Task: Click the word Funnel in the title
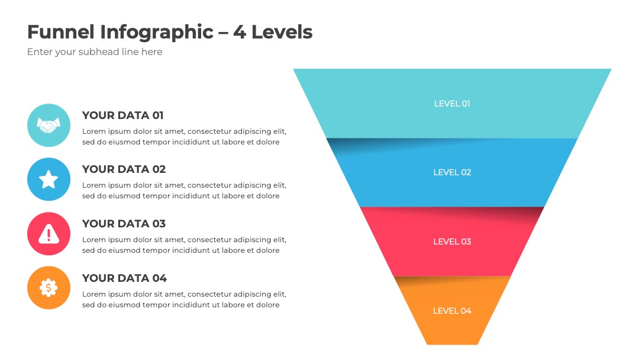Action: [x=61, y=32]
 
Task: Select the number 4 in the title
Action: [x=239, y=32]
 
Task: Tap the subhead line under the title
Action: [x=95, y=52]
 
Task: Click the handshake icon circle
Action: [x=49, y=125]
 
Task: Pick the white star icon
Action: [x=49, y=179]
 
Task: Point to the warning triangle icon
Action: [x=49, y=234]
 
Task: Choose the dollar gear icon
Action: [x=49, y=288]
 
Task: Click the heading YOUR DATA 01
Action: [x=122, y=115]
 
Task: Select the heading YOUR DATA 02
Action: [x=124, y=169]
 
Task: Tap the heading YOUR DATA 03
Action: [x=124, y=224]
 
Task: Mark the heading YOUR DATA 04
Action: [x=124, y=278]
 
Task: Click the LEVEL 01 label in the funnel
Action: [x=452, y=104]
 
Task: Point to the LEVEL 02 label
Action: [x=452, y=172]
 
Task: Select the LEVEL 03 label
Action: [x=452, y=242]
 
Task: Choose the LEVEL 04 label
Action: [x=452, y=311]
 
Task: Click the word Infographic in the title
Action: [x=157, y=33]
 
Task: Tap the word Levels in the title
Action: [x=282, y=32]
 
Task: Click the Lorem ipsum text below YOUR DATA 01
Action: [x=184, y=137]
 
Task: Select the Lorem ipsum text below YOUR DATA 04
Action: [x=184, y=299]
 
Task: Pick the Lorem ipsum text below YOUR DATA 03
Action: [x=184, y=245]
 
